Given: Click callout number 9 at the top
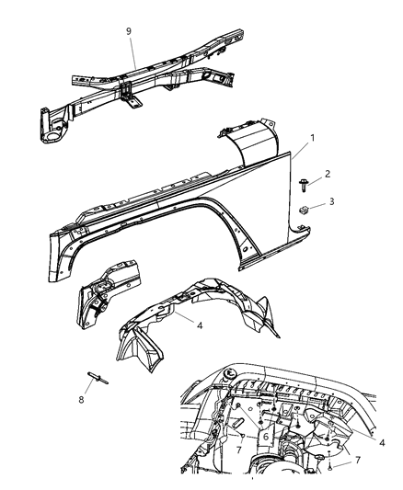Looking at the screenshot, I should [129, 32].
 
